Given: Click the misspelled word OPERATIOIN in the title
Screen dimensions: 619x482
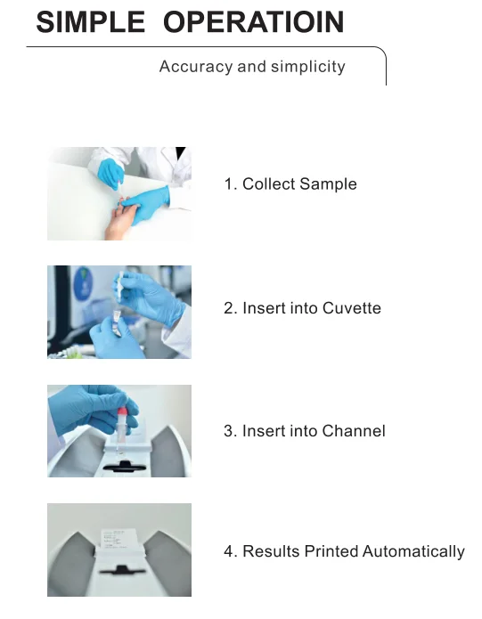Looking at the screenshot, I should tap(254, 22).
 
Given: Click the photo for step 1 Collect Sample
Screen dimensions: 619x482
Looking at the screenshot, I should tap(118, 193).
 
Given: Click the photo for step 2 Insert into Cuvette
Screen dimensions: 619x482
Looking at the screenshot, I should tap(118, 312).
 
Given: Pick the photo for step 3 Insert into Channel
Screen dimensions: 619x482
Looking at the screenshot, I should tap(118, 431).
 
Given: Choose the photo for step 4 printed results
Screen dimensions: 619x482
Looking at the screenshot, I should tap(118, 550).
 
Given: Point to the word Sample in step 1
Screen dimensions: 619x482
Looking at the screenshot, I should tap(328, 184).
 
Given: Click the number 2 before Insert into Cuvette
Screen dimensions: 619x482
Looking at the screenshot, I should tap(228, 308).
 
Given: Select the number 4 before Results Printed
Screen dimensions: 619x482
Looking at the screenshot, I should tap(228, 552).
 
